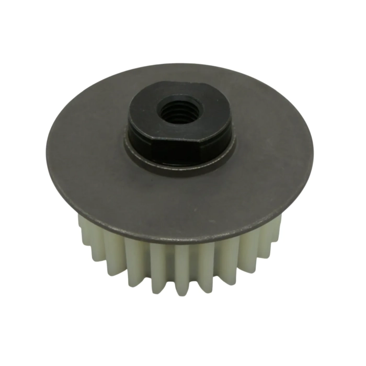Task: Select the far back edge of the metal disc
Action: (180, 65)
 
